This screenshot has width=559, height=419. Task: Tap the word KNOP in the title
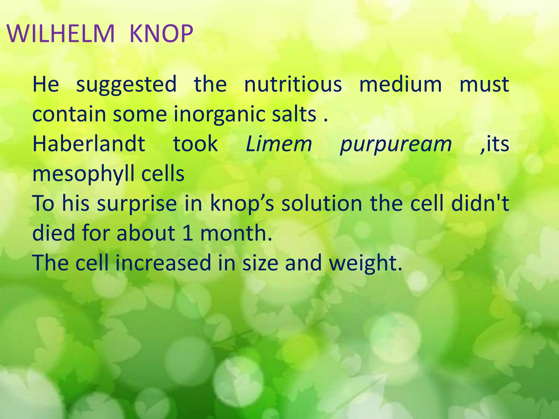point(161,34)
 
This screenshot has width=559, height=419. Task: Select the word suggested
point(126,85)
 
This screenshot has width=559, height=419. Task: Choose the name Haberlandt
point(89,144)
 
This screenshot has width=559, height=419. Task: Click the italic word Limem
point(279,144)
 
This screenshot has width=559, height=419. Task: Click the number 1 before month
point(188,233)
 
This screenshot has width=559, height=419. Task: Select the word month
point(236,233)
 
